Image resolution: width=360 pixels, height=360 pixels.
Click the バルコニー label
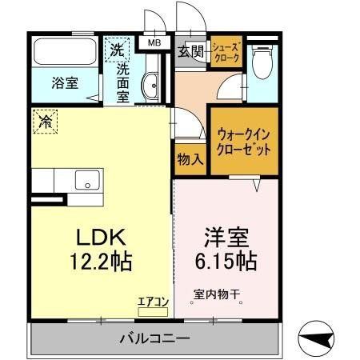pyautogui.click(x=156, y=338)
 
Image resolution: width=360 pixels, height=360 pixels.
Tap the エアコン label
pyautogui.click(x=152, y=302)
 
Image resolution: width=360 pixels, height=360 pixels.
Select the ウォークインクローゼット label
pyautogui.click(x=243, y=142)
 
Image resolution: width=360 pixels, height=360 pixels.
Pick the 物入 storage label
pyautogui.click(x=189, y=158)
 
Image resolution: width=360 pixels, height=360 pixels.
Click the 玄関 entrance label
pyautogui.click(x=190, y=52)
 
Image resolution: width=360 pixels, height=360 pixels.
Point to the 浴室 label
pyautogui.click(x=64, y=82)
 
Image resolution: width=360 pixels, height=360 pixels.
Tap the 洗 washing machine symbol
pyautogui.click(x=117, y=48)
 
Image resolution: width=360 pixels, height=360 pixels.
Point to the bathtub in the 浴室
pyautogui.click(x=65, y=53)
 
